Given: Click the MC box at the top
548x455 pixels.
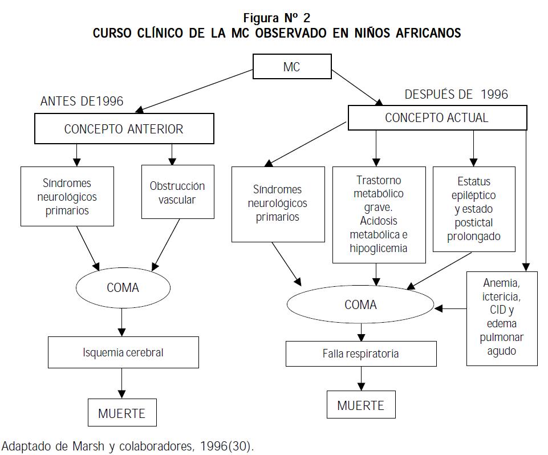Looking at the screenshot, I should [291, 67].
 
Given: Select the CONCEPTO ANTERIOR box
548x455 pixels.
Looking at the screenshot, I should [124, 128].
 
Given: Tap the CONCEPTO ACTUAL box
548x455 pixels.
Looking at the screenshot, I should [437, 118].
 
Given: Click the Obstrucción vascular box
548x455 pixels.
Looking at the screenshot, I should [177, 192].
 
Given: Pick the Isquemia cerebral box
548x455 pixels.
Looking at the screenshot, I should [123, 352].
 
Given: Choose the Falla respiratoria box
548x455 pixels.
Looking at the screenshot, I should [360, 354].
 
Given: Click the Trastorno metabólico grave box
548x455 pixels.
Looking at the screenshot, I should [379, 214].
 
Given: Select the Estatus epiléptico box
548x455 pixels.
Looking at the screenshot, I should [473, 209].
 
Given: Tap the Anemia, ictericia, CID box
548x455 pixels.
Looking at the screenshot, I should [502, 318].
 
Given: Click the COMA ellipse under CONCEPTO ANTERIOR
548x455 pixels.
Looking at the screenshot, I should [123, 287].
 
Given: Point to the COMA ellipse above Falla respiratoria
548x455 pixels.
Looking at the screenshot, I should [360, 305].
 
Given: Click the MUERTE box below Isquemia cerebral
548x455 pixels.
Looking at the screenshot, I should [122, 413].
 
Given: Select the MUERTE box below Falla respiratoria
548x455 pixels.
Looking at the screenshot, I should [360, 405].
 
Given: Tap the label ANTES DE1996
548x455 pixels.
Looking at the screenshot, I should [82, 101].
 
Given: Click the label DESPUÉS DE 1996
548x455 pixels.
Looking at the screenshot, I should [456, 94].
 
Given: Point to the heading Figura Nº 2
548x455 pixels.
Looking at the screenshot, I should [277, 18].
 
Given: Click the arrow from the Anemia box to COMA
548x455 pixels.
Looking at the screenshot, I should [450, 309].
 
